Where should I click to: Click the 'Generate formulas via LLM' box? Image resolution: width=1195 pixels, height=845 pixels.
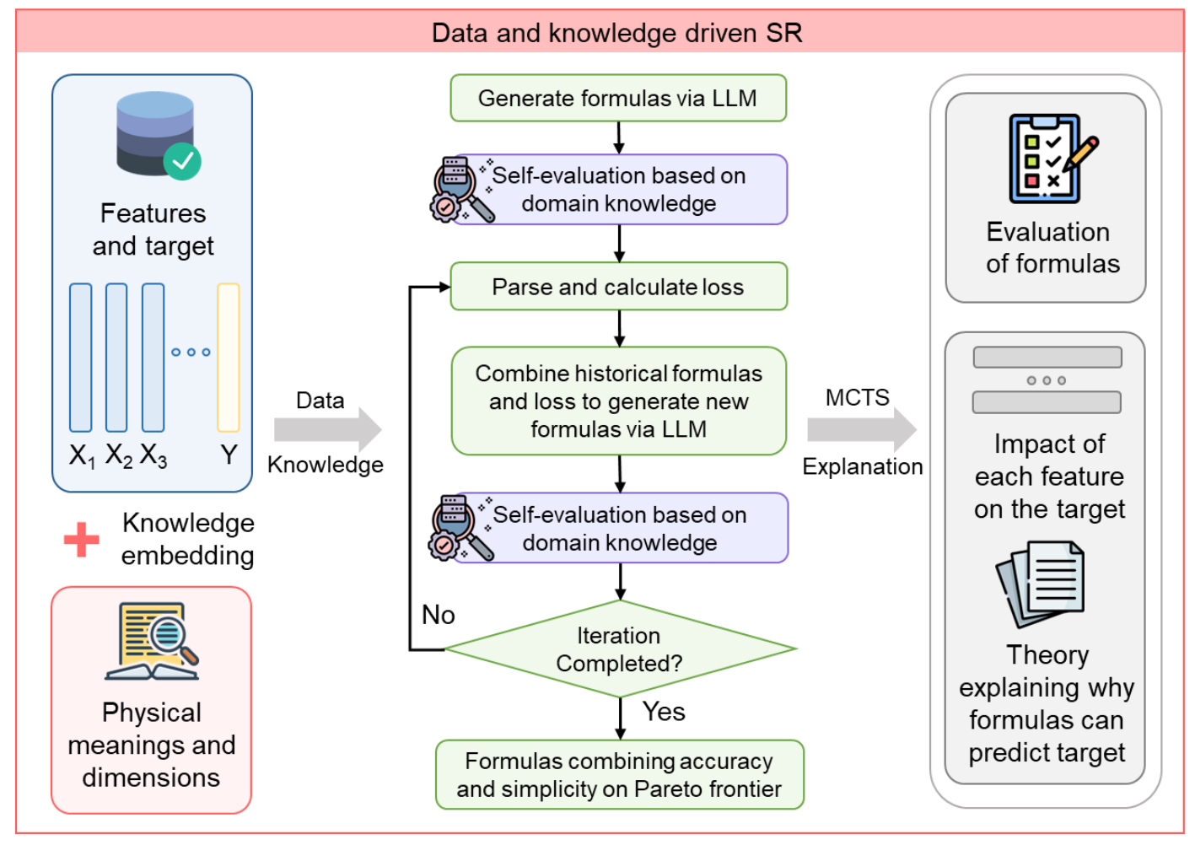pos(618,98)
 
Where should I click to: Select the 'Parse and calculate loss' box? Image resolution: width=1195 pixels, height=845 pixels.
pos(618,287)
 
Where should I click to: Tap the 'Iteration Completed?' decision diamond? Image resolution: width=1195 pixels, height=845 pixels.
pos(619,649)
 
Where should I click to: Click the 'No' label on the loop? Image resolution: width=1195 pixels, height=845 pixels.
pos(439,615)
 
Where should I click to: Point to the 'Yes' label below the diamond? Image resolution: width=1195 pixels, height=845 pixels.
pos(664,712)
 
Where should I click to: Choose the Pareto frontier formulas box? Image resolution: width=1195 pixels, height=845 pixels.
pos(619,775)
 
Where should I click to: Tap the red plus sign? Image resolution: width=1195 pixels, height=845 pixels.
pos(82,540)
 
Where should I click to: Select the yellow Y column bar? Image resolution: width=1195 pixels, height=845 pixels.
pos(229,358)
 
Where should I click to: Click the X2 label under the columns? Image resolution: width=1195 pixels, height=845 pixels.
pos(119,455)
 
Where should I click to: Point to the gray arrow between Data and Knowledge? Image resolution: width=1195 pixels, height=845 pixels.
pos(327,430)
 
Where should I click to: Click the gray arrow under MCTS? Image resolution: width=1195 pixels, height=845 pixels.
pos(861,430)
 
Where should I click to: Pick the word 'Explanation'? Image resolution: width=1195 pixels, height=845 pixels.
pos(862,466)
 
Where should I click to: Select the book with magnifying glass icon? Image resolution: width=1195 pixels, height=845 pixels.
pos(152,641)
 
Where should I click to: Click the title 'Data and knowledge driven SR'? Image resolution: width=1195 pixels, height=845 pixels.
pos(616,33)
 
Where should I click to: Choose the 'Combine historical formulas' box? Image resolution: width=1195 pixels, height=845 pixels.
pos(618,401)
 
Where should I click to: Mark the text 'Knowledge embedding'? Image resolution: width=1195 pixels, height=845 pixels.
pos(187,539)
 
